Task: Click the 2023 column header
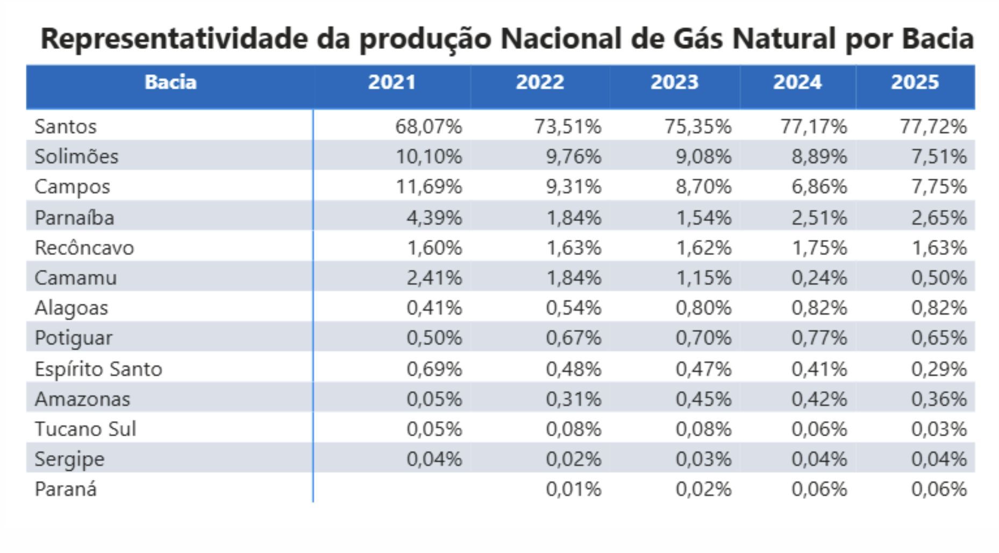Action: (674, 82)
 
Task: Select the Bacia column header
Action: (170, 82)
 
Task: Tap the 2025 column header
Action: (915, 82)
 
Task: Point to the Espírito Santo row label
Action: (98, 369)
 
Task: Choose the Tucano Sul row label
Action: (85, 429)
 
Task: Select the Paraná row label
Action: (66, 489)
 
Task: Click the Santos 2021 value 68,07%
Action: (429, 126)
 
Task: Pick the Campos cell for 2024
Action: (819, 187)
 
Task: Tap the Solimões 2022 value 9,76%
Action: (573, 157)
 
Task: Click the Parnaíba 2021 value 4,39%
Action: (434, 217)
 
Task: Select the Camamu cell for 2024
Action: (819, 278)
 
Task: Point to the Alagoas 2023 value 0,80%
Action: (703, 308)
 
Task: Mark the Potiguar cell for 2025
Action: (938, 338)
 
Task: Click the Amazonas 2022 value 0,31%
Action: (573, 399)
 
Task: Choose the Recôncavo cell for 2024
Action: (819, 247)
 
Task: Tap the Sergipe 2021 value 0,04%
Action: (434, 459)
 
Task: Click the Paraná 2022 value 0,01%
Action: (573, 489)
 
